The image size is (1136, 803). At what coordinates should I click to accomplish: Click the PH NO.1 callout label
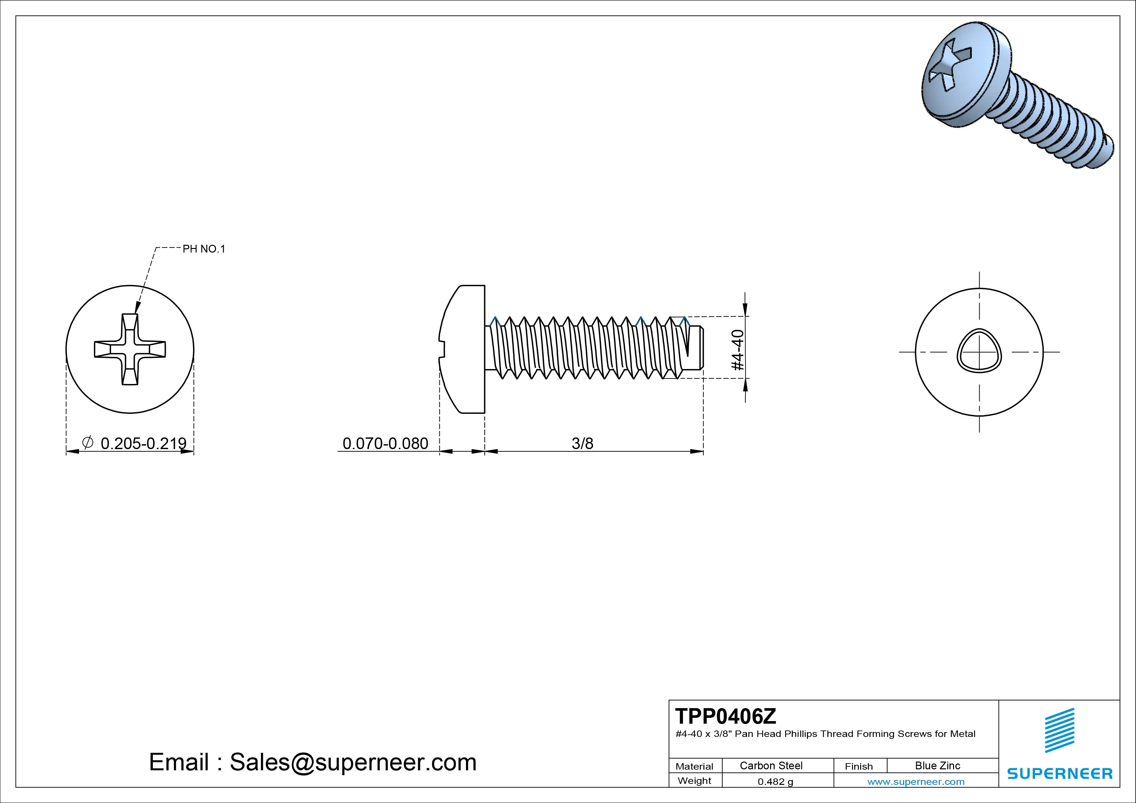(x=204, y=249)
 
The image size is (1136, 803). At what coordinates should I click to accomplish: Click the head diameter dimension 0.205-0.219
(x=143, y=443)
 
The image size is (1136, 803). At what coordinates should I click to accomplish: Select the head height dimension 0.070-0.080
(x=385, y=443)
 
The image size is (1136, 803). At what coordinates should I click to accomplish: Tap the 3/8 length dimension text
(x=582, y=443)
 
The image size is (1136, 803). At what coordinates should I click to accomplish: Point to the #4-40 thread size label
(x=737, y=350)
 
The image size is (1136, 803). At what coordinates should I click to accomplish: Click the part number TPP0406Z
(x=725, y=716)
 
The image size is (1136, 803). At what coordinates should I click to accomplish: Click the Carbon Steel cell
(x=771, y=765)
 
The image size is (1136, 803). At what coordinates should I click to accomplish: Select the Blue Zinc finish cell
(x=937, y=765)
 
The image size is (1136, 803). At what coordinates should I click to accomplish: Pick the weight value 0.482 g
(x=775, y=782)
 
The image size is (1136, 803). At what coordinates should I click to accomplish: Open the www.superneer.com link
(x=915, y=782)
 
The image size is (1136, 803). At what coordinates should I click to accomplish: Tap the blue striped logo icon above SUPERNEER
(x=1059, y=730)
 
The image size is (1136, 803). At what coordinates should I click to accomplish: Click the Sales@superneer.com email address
(x=353, y=762)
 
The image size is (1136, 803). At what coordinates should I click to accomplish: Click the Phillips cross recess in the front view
(x=130, y=349)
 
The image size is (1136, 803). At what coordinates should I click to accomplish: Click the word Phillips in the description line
(x=801, y=734)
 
